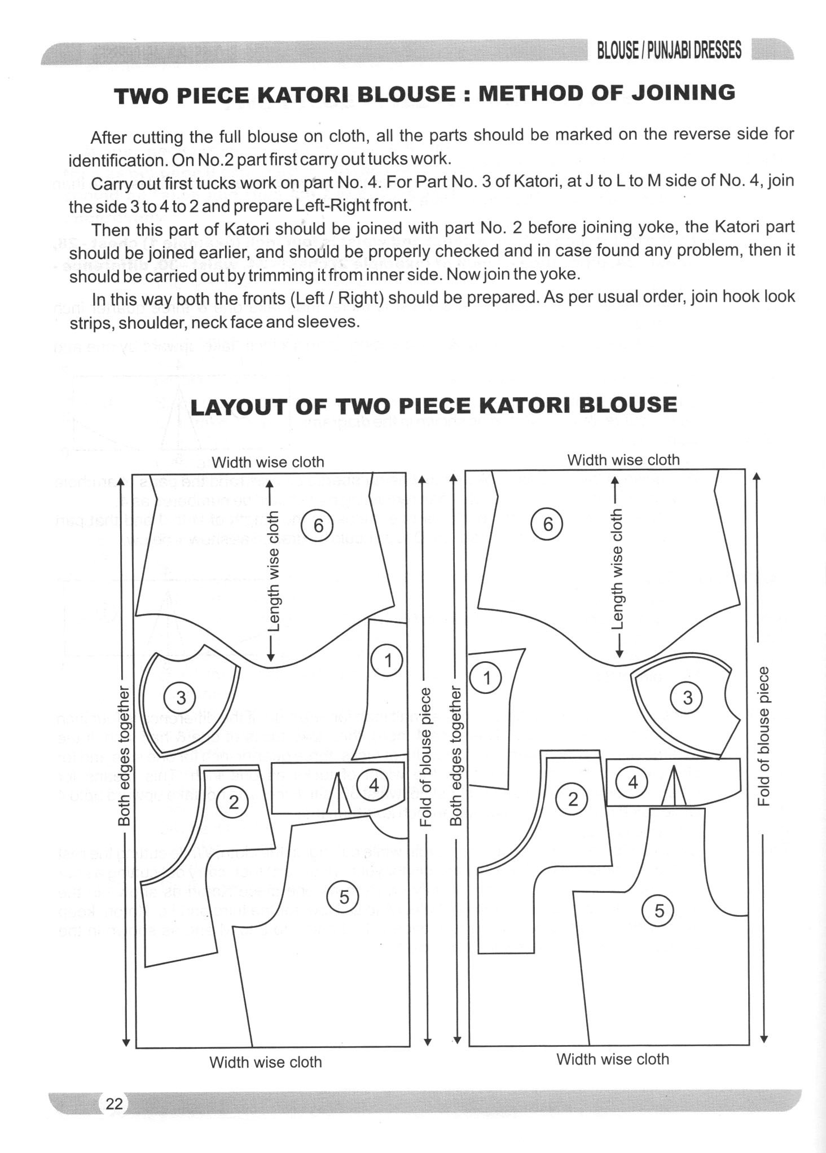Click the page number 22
[114, 1103]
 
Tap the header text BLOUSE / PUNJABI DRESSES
[669, 51]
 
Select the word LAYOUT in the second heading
[238, 407]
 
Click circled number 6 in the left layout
[318, 526]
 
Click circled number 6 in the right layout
[548, 524]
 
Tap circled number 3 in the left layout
[181, 698]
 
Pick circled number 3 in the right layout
[687, 698]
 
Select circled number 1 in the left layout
[388, 660]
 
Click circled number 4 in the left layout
[374, 785]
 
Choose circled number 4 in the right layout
[632, 782]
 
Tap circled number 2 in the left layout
[234, 802]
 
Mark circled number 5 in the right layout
[658, 910]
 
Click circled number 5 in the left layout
[344, 896]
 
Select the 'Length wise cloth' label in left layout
[273, 571]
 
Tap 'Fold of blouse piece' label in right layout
[763, 736]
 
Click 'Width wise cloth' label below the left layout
[265, 1062]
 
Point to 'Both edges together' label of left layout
[124, 756]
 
